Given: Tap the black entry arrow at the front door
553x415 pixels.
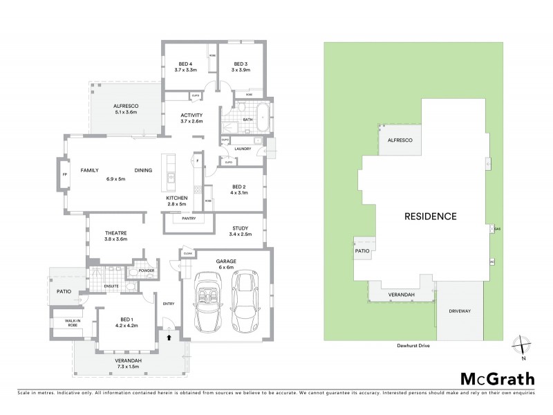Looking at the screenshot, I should tap(170, 337).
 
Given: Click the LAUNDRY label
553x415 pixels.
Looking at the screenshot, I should tap(242, 148).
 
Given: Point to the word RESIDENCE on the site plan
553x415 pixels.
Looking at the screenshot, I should tap(431, 216).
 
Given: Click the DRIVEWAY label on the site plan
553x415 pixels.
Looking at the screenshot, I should tap(459, 311).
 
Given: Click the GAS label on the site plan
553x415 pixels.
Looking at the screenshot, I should tap(497, 229).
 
